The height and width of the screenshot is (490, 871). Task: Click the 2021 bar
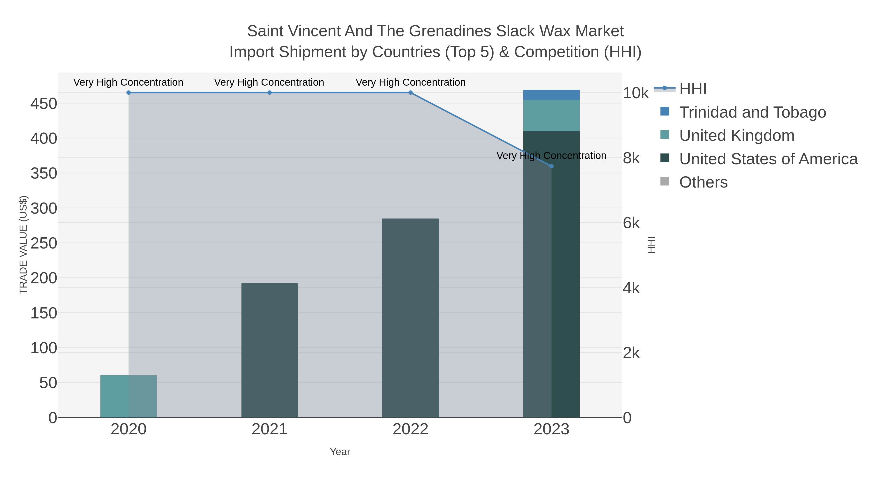click(x=270, y=350)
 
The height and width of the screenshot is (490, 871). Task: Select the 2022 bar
click(x=410, y=318)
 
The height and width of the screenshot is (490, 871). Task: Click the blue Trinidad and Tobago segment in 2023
click(x=551, y=95)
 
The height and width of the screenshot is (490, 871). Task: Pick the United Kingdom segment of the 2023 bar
click(x=551, y=116)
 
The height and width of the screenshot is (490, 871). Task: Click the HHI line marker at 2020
click(x=128, y=93)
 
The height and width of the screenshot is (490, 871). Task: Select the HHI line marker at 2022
click(x=410, y=93)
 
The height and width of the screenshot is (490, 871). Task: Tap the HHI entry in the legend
click(x=692, y=89)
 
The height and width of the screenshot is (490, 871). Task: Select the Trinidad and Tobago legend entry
click(x=752, y=112)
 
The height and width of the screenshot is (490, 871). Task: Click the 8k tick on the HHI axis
click(x=631, y=158)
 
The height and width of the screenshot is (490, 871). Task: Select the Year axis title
click(x=340, y=452)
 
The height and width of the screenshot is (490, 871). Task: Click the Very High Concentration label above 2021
click(x=269, y=82)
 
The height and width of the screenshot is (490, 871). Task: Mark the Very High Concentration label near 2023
click(x=551, y=156)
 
